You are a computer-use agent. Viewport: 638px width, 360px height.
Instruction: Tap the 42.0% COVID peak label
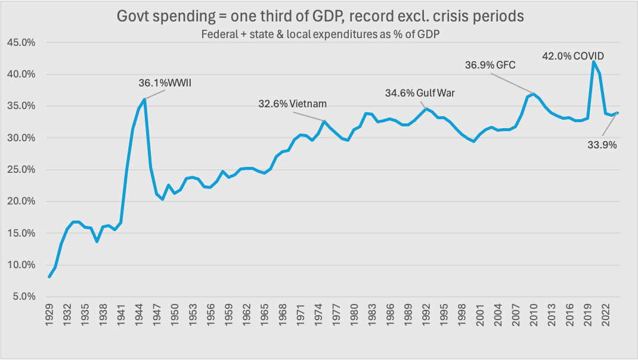pyautogui.click(x=572, y=56)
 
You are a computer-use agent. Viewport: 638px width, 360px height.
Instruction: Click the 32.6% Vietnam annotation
pyautogui.click(x=292, y=103)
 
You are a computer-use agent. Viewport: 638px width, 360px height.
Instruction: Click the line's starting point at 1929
pyautogui.click(x=49, y=277)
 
